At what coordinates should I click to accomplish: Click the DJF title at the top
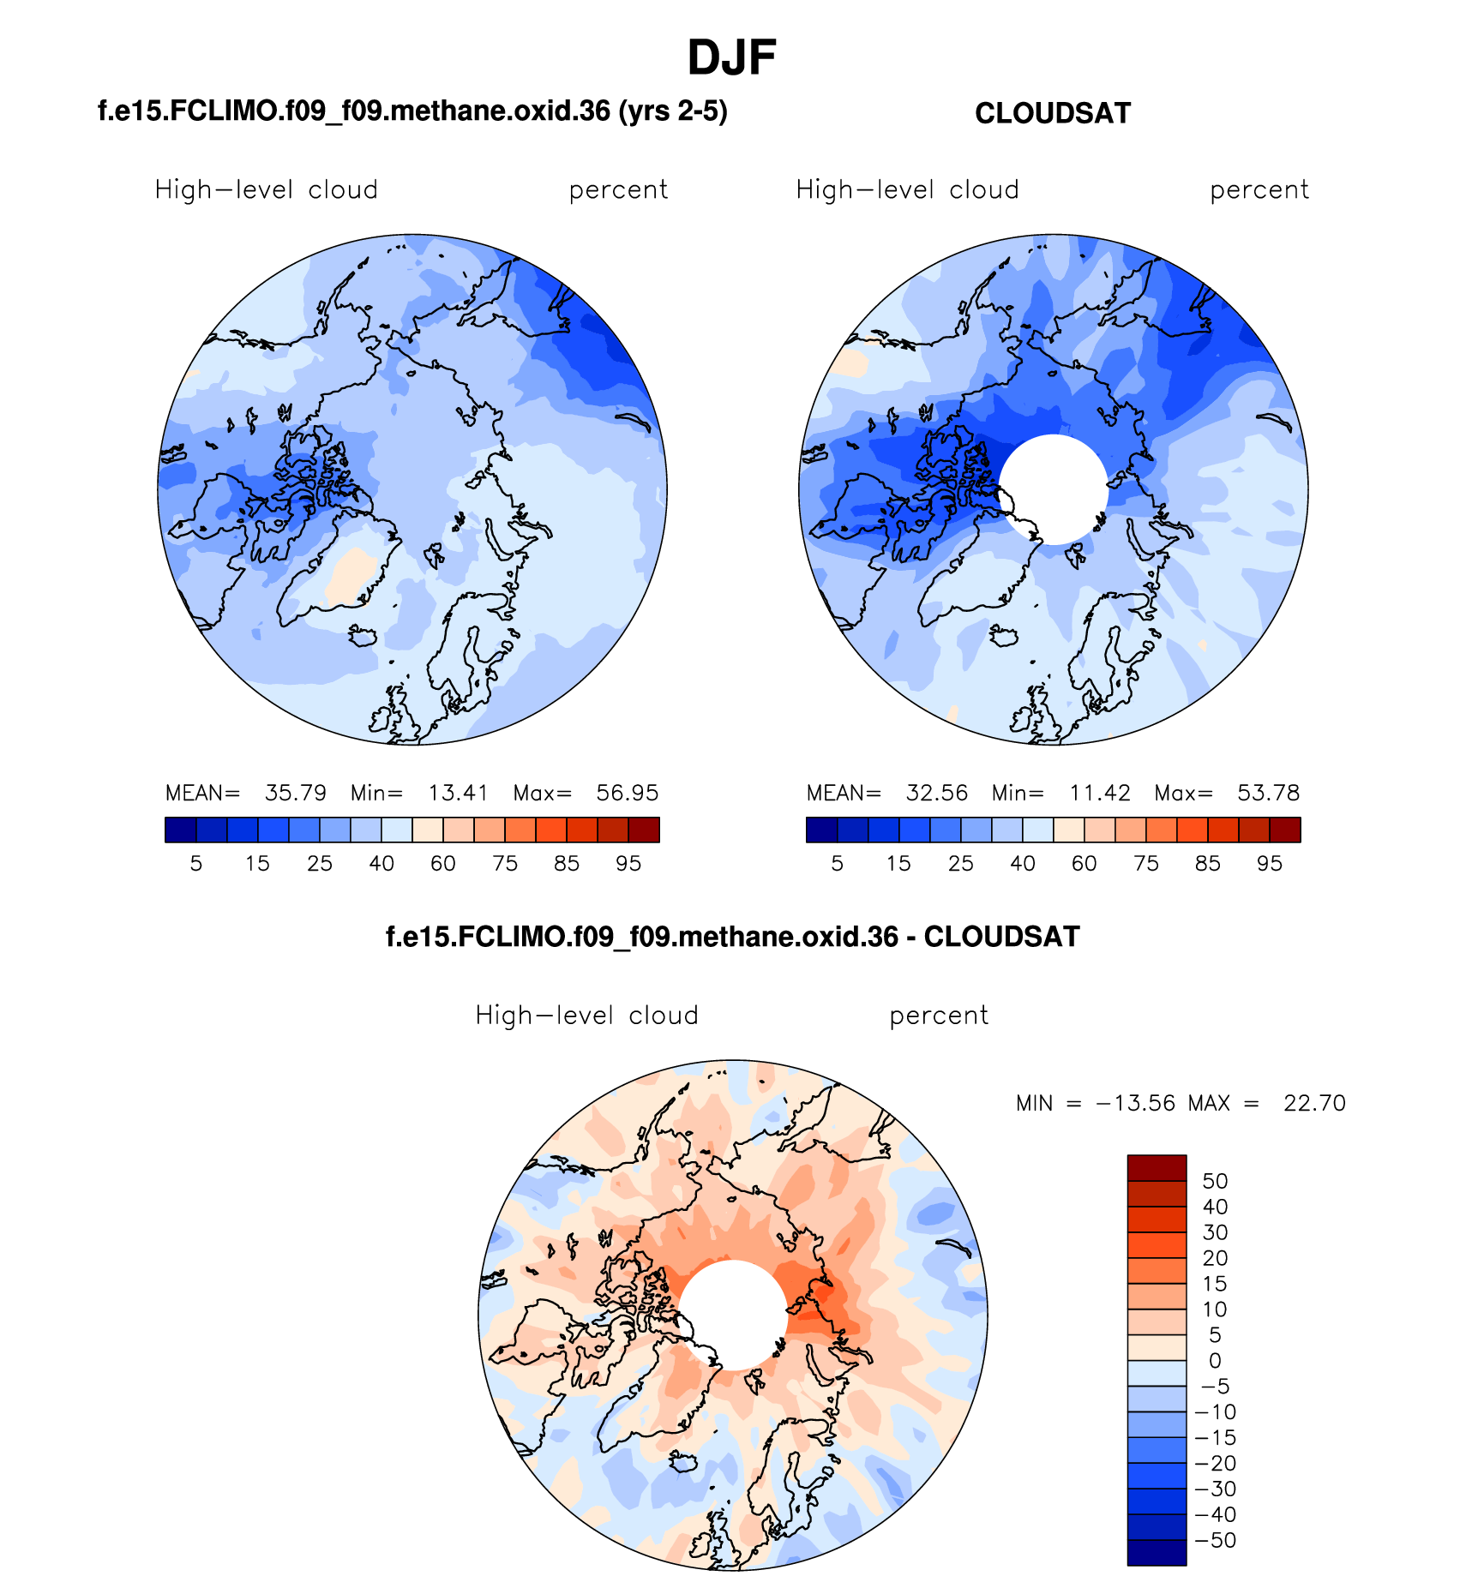(731, 58)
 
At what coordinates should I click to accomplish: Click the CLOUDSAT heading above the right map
(1053, 113)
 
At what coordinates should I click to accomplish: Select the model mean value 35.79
(296, 793)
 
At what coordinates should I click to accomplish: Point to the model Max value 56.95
(628, 793)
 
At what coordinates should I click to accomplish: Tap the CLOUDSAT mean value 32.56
(937, 793)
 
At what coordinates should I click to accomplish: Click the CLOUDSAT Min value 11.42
(1100, 793)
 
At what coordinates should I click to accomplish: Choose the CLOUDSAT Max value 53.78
(1269, 793)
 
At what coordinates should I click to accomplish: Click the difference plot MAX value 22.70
(1314, 1103)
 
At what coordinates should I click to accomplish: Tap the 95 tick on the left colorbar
(628, 864)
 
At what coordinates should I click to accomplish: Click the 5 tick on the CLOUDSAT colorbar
(838, 864)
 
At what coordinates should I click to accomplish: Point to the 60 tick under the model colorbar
(443, 864)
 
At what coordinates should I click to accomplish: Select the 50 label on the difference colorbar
(1215, 1181)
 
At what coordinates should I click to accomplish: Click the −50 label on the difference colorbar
(1215, 1540)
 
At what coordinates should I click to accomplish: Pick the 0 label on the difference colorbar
(1215, 1361)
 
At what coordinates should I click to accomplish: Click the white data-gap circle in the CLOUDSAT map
(1054, 489)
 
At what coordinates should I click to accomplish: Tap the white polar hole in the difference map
(733, 1315)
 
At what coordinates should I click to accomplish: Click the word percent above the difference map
(939, 1016)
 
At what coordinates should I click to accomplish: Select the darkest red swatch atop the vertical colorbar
(1157, 1168)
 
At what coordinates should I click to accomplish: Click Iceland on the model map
(363, 637)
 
